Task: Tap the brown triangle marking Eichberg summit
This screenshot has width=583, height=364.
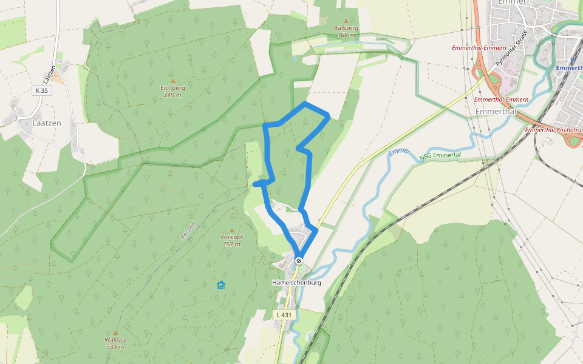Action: click(172, 81)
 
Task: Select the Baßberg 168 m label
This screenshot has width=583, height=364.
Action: click(346, 32)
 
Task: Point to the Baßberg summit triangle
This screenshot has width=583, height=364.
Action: click(346, 21)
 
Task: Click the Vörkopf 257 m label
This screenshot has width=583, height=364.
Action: click(231, 240)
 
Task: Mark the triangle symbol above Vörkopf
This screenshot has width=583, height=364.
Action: click(231, 231)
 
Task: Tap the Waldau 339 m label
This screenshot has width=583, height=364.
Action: click(115, 343)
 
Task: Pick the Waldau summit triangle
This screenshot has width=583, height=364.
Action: click(115, 332)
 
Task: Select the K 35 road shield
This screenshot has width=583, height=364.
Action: click(40, 90)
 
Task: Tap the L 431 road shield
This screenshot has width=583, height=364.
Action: click(283, 315)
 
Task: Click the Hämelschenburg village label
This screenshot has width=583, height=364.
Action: click(296, 283)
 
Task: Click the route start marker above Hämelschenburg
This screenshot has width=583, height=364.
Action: click(299, 261)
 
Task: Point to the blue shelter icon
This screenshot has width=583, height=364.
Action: click(221, 285)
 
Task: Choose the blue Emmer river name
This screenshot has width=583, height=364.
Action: click(399, 151)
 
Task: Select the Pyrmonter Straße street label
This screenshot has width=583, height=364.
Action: click(508, 52)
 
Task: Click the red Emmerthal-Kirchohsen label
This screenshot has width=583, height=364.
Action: click(554, 130)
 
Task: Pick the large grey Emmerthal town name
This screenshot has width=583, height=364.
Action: click(496, 112)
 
